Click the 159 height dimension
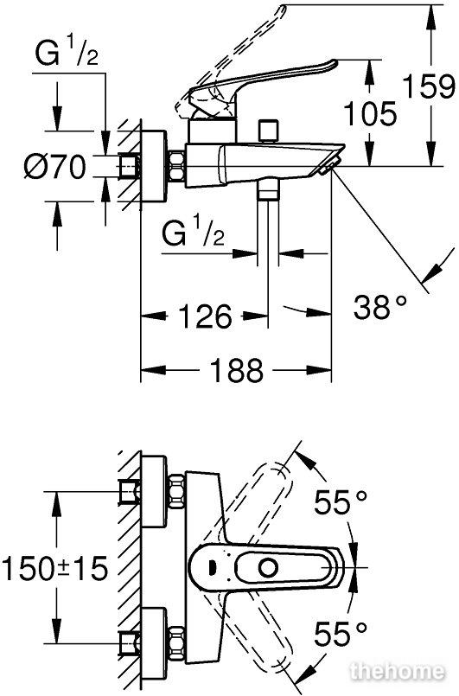[x=429, y=86]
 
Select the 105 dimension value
[x=370, y=113]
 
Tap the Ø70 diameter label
[x=55, y=167]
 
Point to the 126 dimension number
[x=205, y=316]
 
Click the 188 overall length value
[x=237, y=370]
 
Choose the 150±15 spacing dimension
[x=55, y=569]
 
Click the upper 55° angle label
[x=341, y=502]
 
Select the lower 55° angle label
[x=341, y=634]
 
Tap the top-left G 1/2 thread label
[x=67, y=53]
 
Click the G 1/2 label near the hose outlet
[x=193, y=233]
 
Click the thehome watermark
[x=398, y=671]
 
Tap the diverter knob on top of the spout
[x=270, y=130]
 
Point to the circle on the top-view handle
[x=268, y=567]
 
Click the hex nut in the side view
[x=176, y=167]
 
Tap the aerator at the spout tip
[x=329, y=165]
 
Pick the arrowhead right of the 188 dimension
[x=319, y=370]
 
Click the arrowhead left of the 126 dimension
[x=154, y=316]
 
